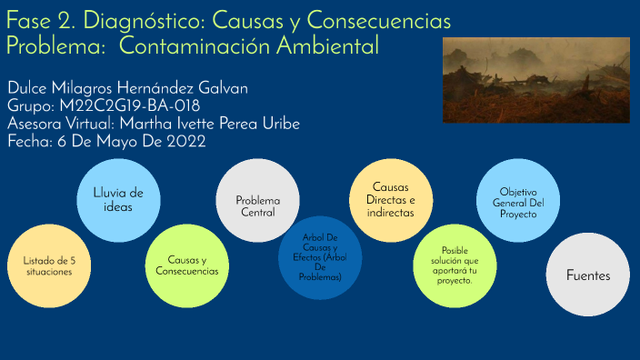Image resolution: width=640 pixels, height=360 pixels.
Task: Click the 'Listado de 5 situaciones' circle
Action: pos(47,265)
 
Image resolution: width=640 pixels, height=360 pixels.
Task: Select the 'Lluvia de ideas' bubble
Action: pos(118,199)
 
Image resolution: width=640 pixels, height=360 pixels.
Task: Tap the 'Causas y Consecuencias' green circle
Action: pos(187,265)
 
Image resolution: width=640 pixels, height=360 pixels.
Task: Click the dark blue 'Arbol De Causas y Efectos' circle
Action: pos(320,257)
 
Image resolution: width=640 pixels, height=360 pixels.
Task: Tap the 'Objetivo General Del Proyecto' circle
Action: pos(518,201)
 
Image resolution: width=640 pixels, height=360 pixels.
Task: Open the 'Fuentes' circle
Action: pos(587,275)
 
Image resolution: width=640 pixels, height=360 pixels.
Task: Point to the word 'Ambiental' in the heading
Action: pos(318,45)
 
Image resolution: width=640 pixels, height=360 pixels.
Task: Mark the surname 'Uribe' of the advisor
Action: pos(276,124)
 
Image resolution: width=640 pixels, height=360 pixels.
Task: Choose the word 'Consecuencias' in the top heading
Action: pos(374,20)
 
